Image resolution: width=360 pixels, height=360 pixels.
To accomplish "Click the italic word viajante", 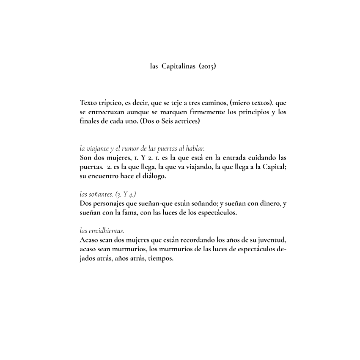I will (x=98, y=148).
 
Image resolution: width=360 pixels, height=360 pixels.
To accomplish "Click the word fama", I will (x=127, y=213).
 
